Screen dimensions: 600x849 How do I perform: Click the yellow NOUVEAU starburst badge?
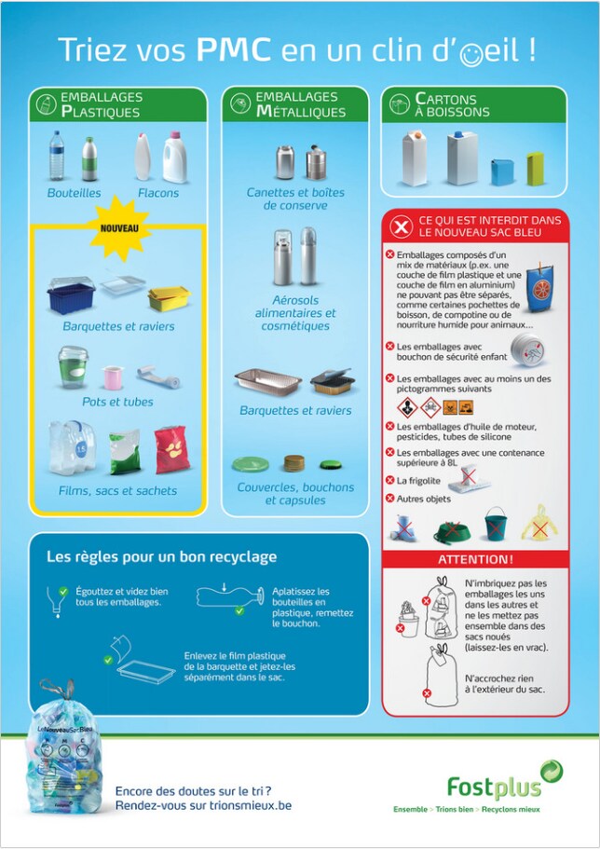pyautogui.click(x=119, y=228)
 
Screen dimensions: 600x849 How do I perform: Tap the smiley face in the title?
pyautogui.click(x=471, y=55)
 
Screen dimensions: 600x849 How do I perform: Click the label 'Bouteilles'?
pyautogui.click(x=74, y=193)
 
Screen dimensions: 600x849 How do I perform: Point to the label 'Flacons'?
pyautogui.click(x=158, y=193)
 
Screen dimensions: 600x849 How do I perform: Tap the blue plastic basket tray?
pyautogui.click(x=71, y=295)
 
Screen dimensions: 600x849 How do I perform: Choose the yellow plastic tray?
pyautogui.click(x=169, y=298)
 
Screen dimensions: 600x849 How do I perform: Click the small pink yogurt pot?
pyautogui.click(x=113, y=377)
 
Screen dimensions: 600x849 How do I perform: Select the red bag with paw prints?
pyautogui.click(x=172, y=449)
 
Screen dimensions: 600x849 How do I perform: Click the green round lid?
pyautogui.click(x=251, y=464)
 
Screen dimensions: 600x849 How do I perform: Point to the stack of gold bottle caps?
pyautogui.click(x=294, y=463)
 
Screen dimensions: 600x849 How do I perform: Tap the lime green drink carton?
pyautogui.click(x=535, y=169)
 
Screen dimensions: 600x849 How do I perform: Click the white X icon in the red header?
pyautogui.click(x=401, y=226)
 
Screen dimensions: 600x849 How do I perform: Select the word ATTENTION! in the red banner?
pyautogui.click(x=475, y=559)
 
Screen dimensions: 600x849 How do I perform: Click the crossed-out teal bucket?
pyautogui.click(x=496, y=524)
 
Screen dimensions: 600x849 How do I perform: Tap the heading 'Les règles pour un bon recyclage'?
pyautogui.click(x=161, y=556)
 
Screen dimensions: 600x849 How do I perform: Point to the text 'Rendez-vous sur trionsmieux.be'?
pyautogui.click(x=203, y=806)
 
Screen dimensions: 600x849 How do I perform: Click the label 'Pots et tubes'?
pyautogui.click(x=117, y=402)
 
